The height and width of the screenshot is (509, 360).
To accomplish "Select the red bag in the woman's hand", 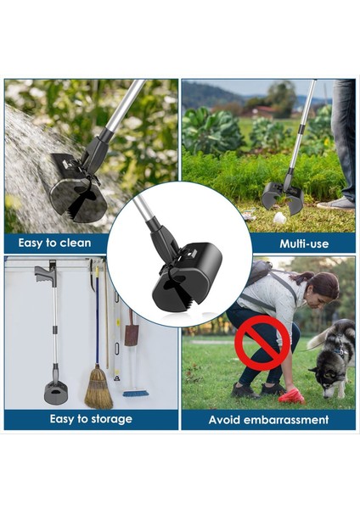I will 290,395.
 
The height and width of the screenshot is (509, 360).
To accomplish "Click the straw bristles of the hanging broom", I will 98,388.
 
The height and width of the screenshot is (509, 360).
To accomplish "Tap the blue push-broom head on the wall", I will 135,394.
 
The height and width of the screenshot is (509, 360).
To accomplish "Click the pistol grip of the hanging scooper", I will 43,275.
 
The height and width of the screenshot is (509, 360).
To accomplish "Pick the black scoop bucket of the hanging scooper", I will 56,393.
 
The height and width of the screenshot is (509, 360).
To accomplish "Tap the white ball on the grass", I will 278,217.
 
